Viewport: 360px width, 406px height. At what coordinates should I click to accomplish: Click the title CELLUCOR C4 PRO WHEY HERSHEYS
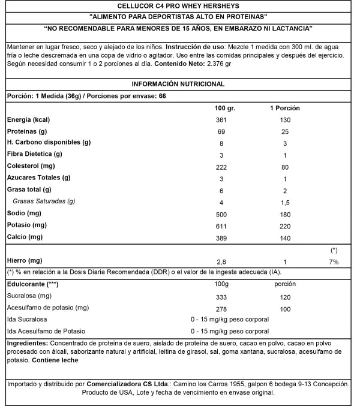(179, 7)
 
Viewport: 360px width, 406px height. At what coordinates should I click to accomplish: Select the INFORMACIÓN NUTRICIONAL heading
(179, 84)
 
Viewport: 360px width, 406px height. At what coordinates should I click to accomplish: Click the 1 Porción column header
(284, 109)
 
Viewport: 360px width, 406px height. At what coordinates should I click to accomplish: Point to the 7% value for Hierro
(334, 261)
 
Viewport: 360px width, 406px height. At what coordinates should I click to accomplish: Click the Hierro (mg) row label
(24, 260)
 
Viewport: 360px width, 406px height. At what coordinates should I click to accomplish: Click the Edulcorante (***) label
(31, 284)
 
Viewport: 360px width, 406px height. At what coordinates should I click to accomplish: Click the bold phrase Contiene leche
(55, 360)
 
